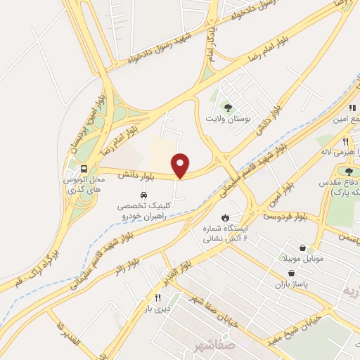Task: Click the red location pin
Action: [181, 164]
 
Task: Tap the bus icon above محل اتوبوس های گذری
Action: [84, 169]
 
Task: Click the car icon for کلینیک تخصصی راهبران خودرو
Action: [143, 195]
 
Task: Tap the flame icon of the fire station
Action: [225, 217]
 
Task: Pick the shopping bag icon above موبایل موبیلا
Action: [302, 248]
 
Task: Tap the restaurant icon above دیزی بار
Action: [157, 297]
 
